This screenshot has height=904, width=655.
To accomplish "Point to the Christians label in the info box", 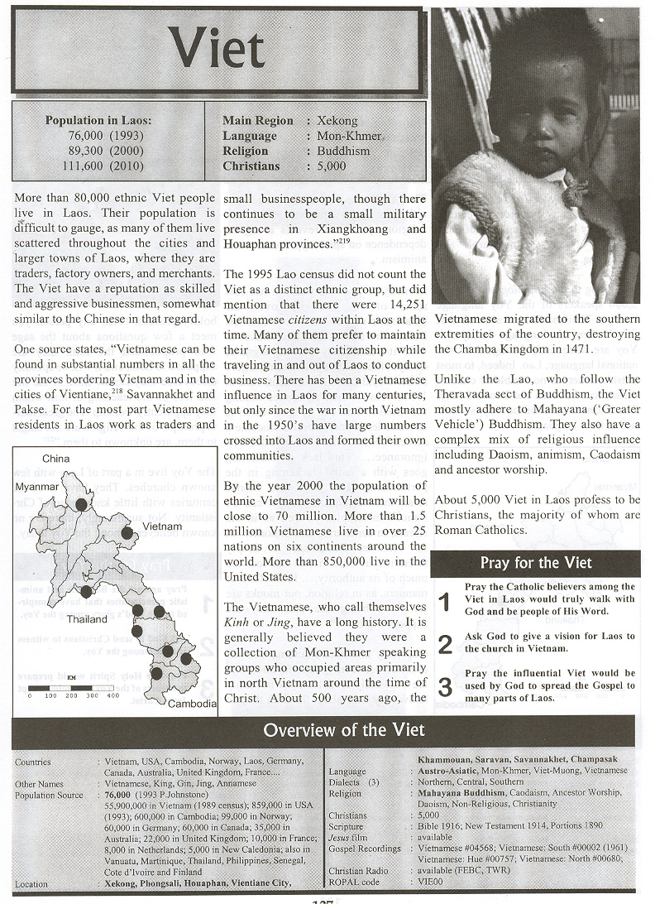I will click(251, 166).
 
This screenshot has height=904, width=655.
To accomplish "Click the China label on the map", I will click(57, 458).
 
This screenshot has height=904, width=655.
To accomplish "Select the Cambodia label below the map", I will click(191, 704).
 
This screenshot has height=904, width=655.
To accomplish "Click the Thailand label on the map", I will click(87, 619).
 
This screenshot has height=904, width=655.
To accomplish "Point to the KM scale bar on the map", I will click(74, 687).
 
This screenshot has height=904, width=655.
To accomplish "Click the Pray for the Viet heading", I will click(536, 563).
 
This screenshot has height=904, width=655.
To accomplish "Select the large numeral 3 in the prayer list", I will click(445, 685).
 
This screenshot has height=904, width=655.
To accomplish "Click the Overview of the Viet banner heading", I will click(343, 729).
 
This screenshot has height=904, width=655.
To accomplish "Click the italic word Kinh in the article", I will click(240, 624).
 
